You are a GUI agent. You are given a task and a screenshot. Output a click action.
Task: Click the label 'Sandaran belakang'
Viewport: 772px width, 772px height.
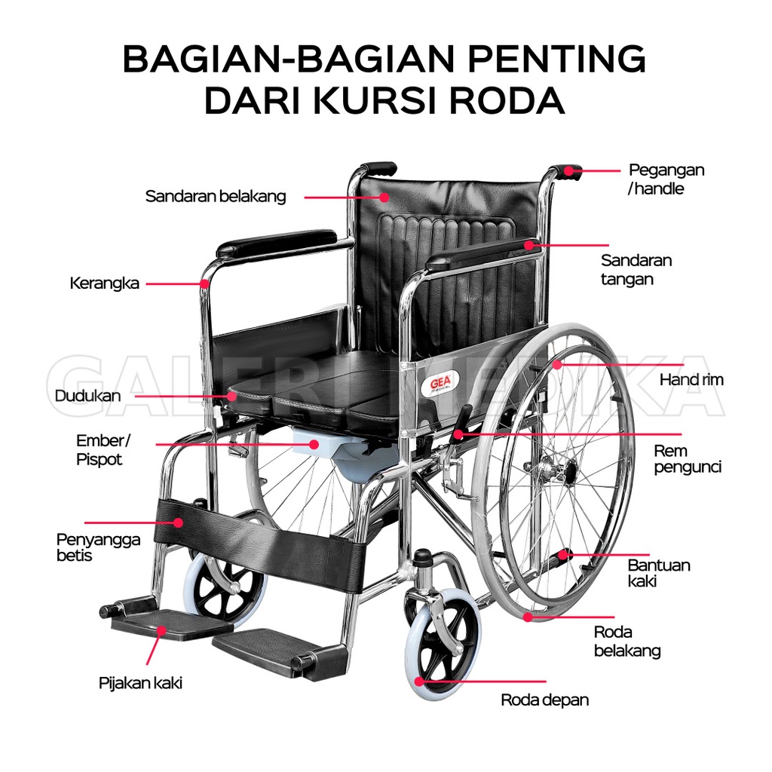pyautogui.click(x=216, y=197)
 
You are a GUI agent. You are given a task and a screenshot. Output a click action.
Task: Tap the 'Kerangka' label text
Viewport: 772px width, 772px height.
pyautogui.click(x=104, y=283)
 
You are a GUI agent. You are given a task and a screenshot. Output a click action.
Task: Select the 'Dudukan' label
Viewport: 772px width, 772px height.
pyautogui.click(x=87, y=395)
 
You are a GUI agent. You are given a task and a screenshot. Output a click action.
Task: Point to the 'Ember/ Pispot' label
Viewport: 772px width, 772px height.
pyautogui.click(x=102, y=449)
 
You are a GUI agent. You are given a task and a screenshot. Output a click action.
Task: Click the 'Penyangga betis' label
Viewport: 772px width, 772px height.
pyautogui.click(x=87, y=547)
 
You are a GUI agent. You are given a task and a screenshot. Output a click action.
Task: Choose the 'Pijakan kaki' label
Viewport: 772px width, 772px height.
pyautogui.click(x=140, y=684)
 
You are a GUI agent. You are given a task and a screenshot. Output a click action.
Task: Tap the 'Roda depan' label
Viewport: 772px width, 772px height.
pyautogui.click(x=544, y=700)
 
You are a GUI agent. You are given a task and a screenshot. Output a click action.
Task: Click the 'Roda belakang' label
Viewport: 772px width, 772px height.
pyautogui.click(x=627, y=642)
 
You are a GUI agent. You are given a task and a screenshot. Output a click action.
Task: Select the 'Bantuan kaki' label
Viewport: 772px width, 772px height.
pyautogui.click(x=658, y=573)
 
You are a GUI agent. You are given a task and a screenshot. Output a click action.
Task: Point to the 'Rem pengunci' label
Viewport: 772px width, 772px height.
pyautogui.click(x=687, y=459)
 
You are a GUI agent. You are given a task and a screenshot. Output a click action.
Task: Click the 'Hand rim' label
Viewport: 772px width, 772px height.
pyautogui.click(x=691, y=380)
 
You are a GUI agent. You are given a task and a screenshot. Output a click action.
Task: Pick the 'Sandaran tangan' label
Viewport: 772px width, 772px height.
pyautogui.click(x=636, y=269)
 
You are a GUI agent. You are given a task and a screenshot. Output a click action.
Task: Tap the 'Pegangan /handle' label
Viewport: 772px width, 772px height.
pyautogui.click(x=666, y=179)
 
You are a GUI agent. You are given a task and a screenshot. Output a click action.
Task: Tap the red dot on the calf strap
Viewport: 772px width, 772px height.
pyautogui.click(x=179, y=522)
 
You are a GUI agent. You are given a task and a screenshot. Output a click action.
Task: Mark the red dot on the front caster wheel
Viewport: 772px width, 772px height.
pyautogui.click(x=418, y=681)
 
